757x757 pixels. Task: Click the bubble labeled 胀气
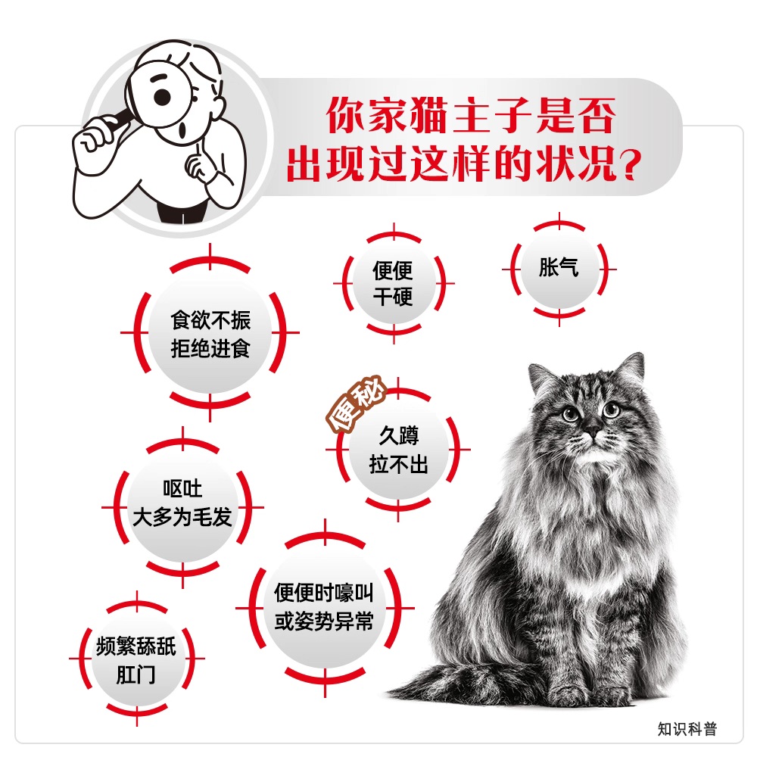(x=559, y=269)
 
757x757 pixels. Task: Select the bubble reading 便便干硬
(x=394, y=283)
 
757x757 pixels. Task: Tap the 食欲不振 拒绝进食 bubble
(x=210, y=333)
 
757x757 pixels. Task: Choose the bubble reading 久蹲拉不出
(x=398, y=450)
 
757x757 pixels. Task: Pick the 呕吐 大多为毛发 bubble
(x=182, y=507)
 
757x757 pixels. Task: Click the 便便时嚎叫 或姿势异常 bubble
(x=325, y=607)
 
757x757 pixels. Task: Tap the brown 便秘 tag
(x=357, y=403)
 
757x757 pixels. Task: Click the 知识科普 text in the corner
(x=687, y=729)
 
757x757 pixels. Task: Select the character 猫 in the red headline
(x=428, y=115)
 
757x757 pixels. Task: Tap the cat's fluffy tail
(x=463, y=681)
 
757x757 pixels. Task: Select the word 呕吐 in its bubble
(x=182, y=489)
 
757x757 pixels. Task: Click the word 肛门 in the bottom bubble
(x=136, y=674)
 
